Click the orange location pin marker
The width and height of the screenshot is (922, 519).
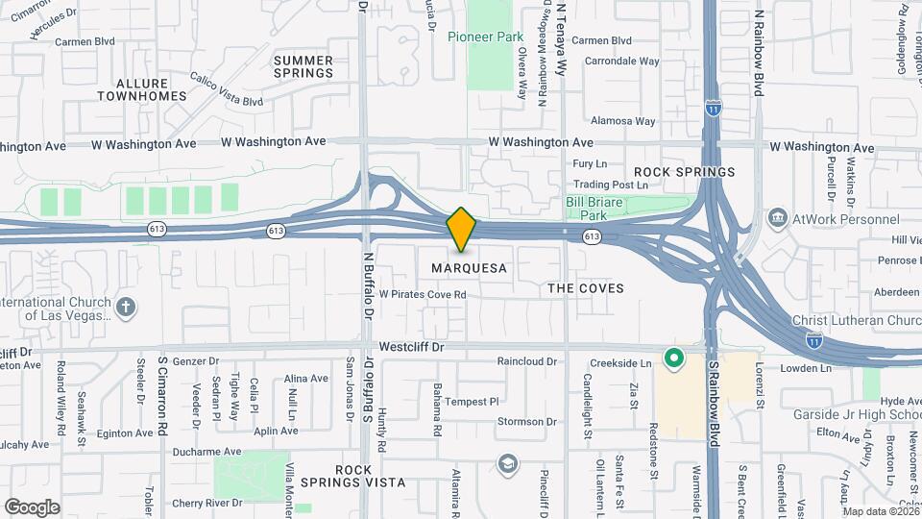tap(462, 230)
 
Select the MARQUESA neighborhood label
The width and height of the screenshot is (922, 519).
tap(469, 268)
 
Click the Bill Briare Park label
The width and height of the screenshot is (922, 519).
tap(595, 209)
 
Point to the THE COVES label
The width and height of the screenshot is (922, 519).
tap(585, 288)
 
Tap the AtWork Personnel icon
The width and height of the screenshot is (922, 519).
tap(778, 217)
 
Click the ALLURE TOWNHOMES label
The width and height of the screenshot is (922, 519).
tap(141, 90)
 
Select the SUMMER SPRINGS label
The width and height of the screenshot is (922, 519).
tap(303, 66)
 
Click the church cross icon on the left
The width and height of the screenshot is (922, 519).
tap(125, 308)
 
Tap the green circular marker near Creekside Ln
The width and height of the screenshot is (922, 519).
tap(674, 359)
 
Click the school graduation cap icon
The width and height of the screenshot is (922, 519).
tap(506, 464)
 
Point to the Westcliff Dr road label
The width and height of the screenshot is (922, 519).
tap(413, 346)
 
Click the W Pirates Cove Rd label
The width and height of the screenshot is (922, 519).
tap(423, 294)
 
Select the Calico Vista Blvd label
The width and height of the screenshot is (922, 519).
tap(226, 89)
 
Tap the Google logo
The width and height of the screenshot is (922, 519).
tap(32, 507)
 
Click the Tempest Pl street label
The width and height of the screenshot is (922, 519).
tap(472, 402)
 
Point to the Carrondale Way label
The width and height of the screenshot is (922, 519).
tap(621, 62)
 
